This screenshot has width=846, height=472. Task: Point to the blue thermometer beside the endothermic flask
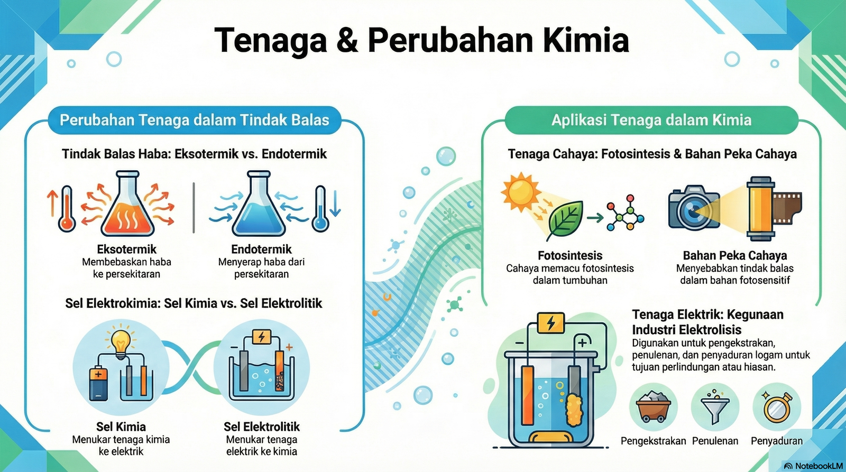pyautogui.click(x=320, y=209)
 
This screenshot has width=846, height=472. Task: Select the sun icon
pyautogui.click(x=521, y=191)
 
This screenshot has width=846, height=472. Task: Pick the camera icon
pyautogui.click(x=693, y=207)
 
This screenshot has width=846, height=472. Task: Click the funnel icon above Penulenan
pyautogui.click(x=715, y=408)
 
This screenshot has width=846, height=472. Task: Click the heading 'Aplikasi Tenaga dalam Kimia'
pyautogui.click(x=651, y=120)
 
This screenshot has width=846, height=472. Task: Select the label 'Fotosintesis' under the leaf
pyautogui.click(x=570, y=255)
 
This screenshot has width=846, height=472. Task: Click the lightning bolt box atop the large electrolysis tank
pyautogui.click(x=551, y=323)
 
